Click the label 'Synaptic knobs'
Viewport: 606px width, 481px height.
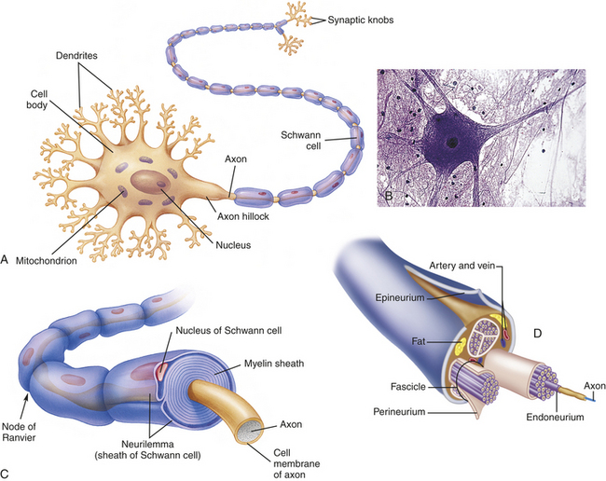click(x=361, y=20)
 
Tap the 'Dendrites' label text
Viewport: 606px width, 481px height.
click(x=76, y=56)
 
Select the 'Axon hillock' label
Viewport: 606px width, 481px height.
click(x=242, y=216)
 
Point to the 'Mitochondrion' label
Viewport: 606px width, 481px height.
click(x=47, y=261)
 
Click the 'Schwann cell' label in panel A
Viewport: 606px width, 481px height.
click(x=301, y=141)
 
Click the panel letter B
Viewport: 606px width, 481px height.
click(x=389, y=196)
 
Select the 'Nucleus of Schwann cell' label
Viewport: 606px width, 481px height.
click(x=228, y=331)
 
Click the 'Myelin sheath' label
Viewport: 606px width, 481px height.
click(x=274, y=364)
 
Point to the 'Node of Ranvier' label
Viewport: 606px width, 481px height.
click(x=19, y=432)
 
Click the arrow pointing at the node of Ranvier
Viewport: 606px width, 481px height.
click(x=23, y=406)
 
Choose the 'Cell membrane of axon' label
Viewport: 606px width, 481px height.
click(x=296, y=463)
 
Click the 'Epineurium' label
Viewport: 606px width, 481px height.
click(x=400, y=298)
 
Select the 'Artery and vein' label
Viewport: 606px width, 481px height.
click(x=462, y=266)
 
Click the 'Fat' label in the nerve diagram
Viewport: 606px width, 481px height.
click(x=419, y=341)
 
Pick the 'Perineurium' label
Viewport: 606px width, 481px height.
click(x=399, y=412)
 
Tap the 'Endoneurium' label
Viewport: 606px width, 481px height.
click(x=555, y=418)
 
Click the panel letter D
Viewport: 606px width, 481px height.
click(x=538, y=334)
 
